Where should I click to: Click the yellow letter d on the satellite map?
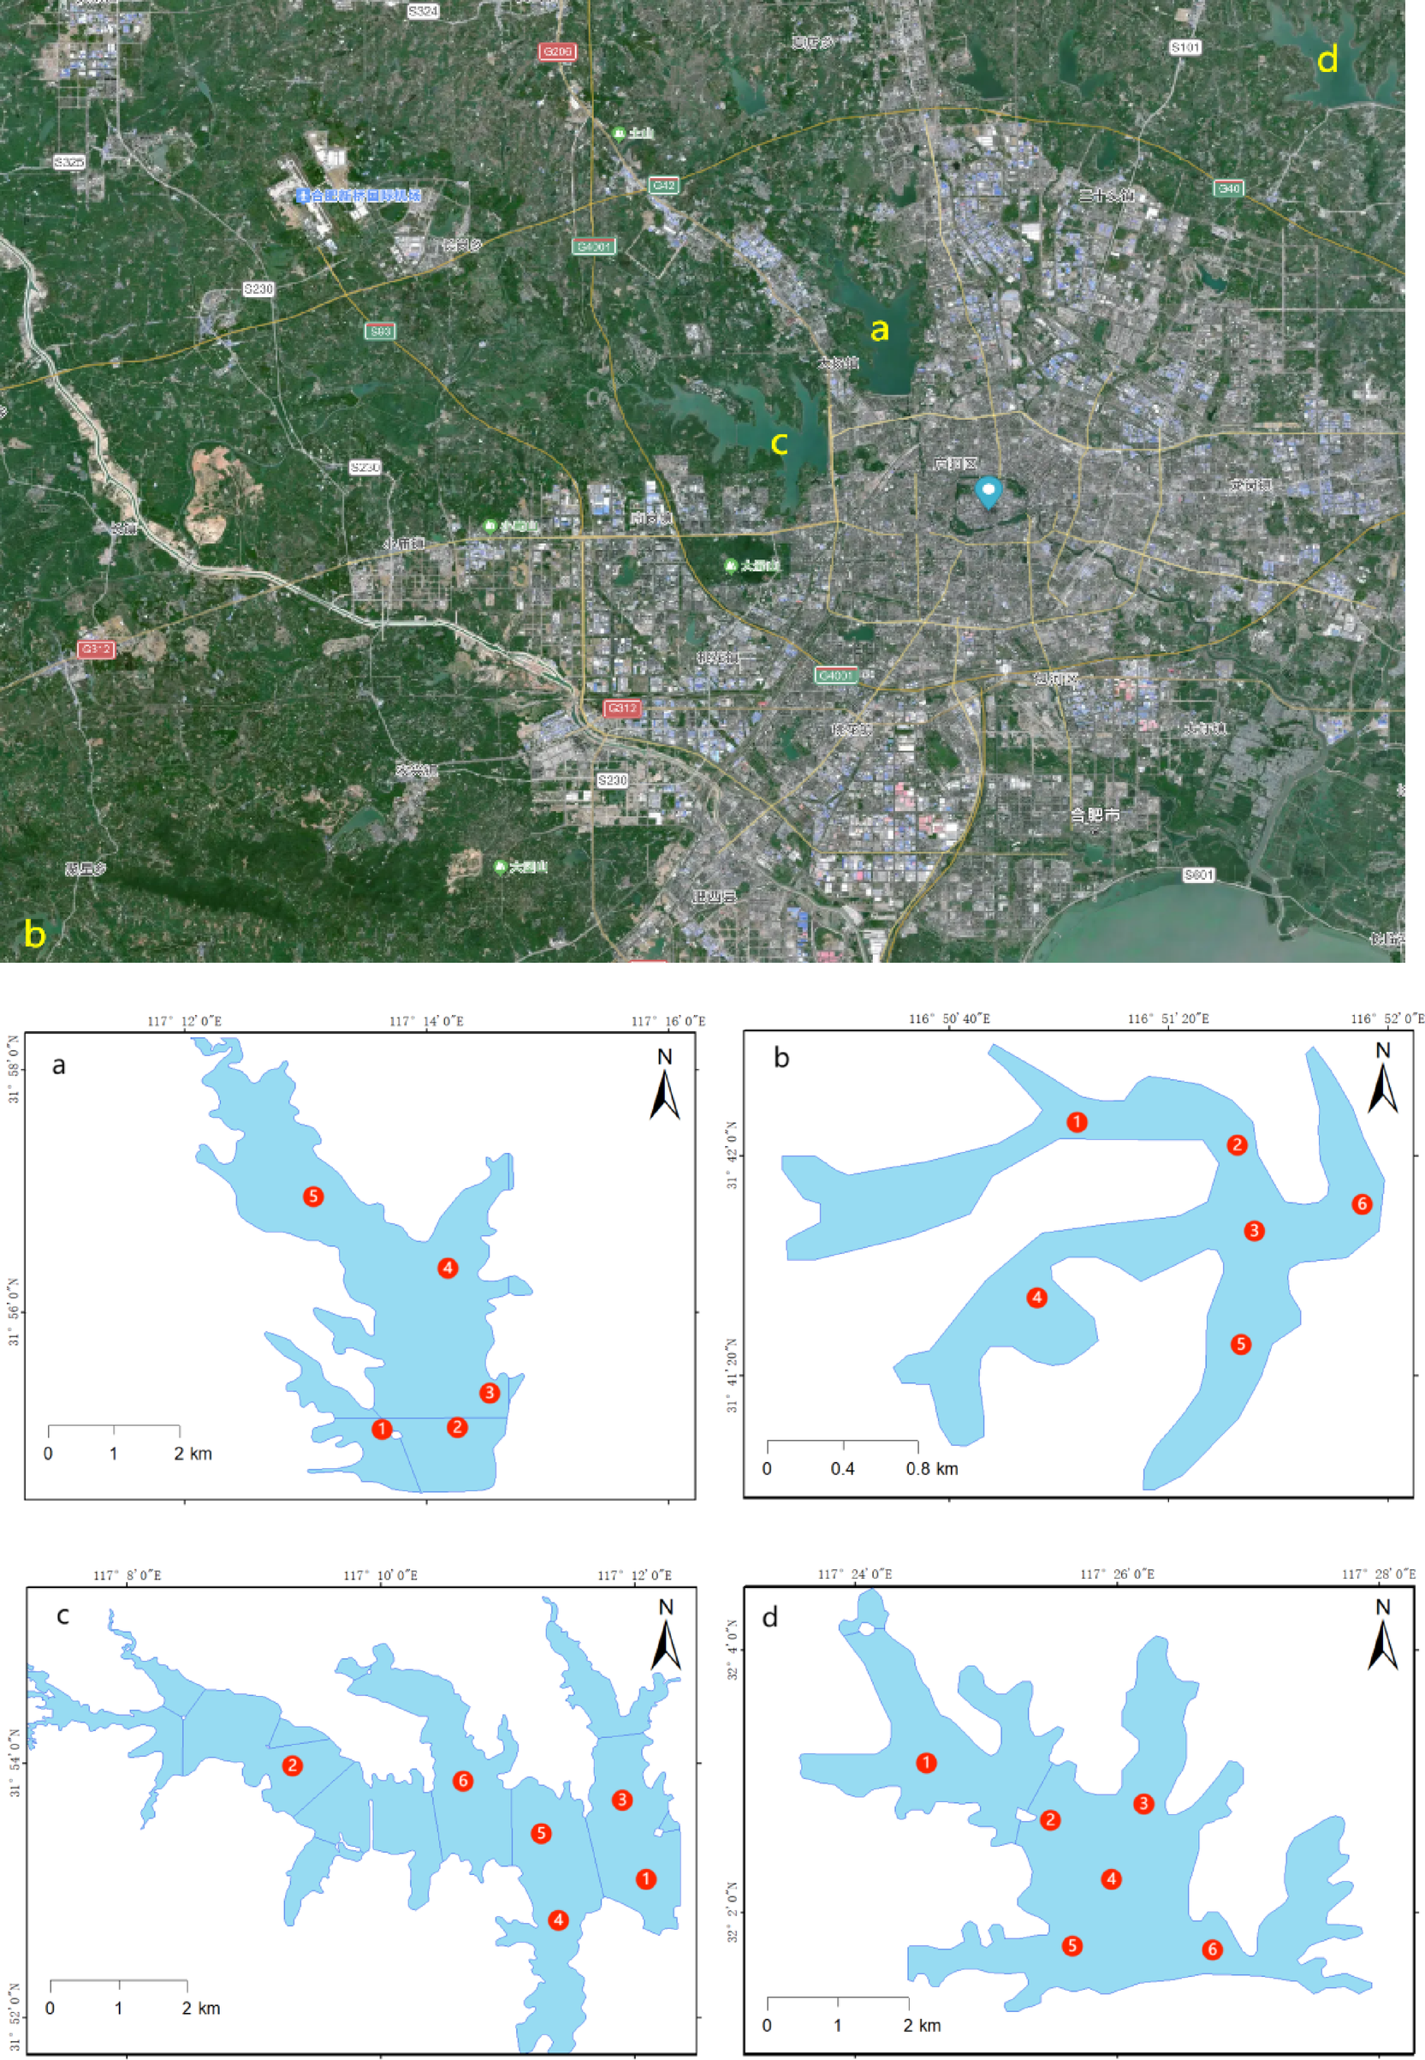click(1327, 60)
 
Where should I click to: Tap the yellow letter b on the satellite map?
click(34, 934)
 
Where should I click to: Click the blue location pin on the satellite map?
click(988, 492)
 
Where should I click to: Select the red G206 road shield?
click(557, 51)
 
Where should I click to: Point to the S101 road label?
click(1185, 47)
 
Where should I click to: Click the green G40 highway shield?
click(1228, 188)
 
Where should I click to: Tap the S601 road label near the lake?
click(1198, 875)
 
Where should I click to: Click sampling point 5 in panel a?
click(312, 1196)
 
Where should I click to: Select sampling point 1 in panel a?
click(381, 1430)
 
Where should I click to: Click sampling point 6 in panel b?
click(1361, 1204)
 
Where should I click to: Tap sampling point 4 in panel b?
click(1036, 1297)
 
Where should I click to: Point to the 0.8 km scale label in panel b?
click(931, 1469)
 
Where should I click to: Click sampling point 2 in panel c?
click(292, 1765)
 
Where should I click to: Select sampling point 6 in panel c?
click(461, 1781)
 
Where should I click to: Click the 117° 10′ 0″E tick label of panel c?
click(380, 1575)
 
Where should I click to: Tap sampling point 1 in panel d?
click(926, 1763)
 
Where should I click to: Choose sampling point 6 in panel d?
click(1212, 1950)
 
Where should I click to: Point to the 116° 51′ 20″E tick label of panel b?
click(1168, 1018)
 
